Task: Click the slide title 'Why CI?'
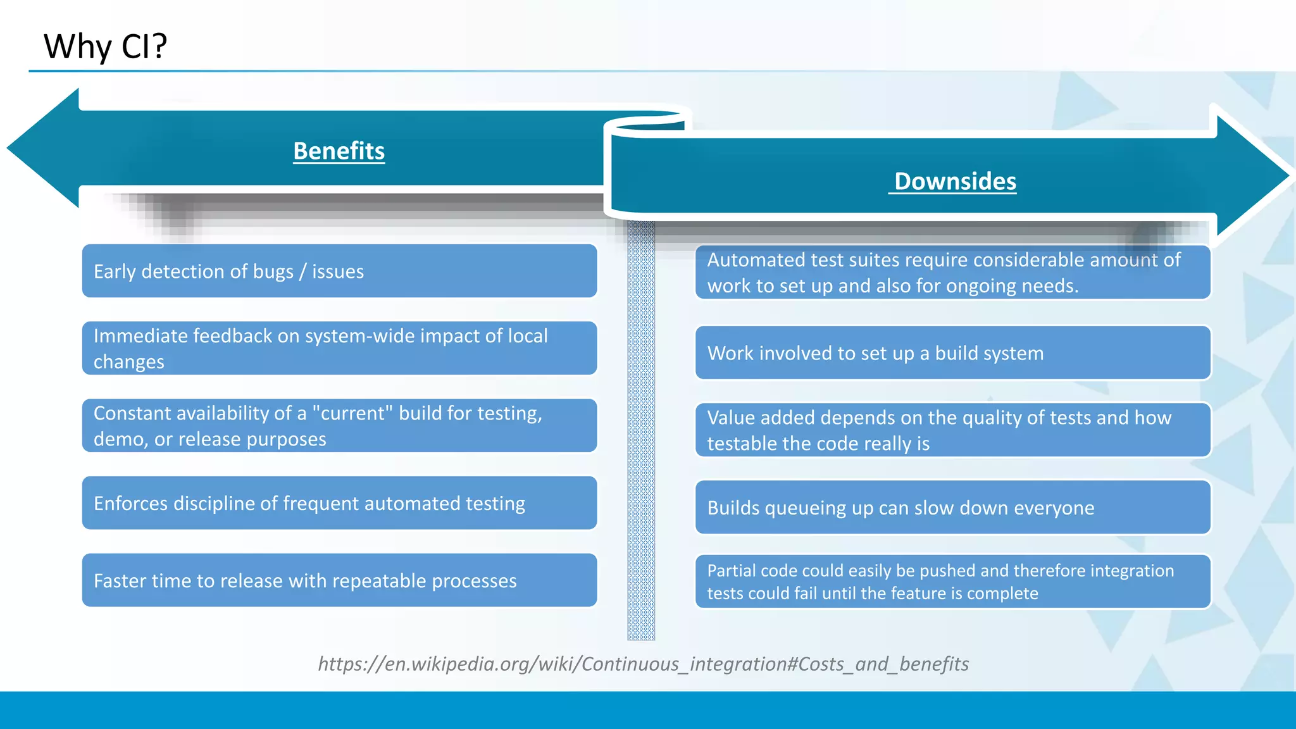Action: (105, 47)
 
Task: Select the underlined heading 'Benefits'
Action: (339, 151)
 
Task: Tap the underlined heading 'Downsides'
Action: (954, 182)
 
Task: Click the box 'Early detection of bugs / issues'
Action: (339, 271)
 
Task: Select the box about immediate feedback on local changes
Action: (339, 348)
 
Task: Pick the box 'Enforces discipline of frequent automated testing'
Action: (339, 503)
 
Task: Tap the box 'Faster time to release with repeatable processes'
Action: (339, 580)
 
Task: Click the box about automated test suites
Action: (952, 273)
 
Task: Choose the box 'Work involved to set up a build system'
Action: (952, 353)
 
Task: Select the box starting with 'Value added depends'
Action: (952, 430)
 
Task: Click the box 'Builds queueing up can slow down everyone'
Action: (952, 508)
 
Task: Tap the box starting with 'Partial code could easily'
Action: (952, 582)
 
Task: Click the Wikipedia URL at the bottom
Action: (643, 664)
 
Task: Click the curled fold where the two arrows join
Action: (645, 123)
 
